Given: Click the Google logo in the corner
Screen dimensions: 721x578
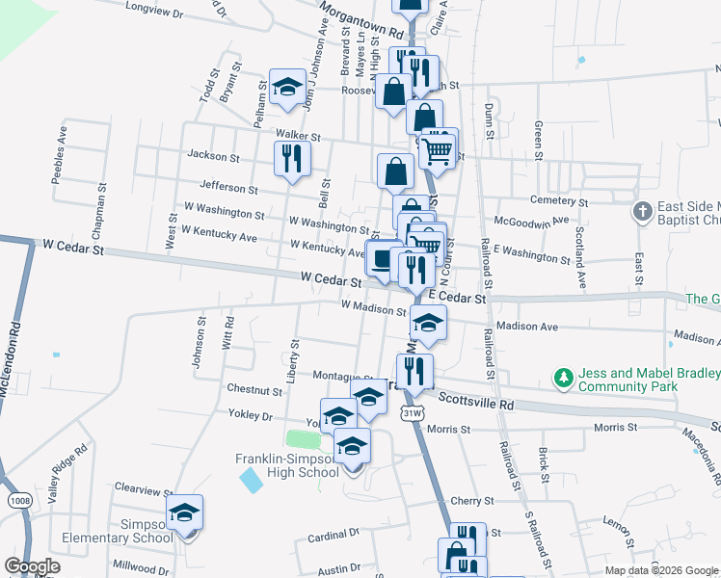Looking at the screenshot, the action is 32,567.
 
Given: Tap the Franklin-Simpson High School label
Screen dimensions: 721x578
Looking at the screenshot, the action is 287,465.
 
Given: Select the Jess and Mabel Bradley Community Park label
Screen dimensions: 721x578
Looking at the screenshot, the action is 648,380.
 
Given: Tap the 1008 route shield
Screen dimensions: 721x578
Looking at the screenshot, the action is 19,500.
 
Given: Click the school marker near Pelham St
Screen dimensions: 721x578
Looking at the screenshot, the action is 287,89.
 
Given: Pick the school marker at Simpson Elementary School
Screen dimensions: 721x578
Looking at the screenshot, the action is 184,514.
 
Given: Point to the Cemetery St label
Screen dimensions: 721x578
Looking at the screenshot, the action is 557,202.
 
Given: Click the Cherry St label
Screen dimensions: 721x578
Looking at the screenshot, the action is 471,501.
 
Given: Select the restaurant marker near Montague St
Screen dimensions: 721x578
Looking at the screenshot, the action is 414,370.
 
